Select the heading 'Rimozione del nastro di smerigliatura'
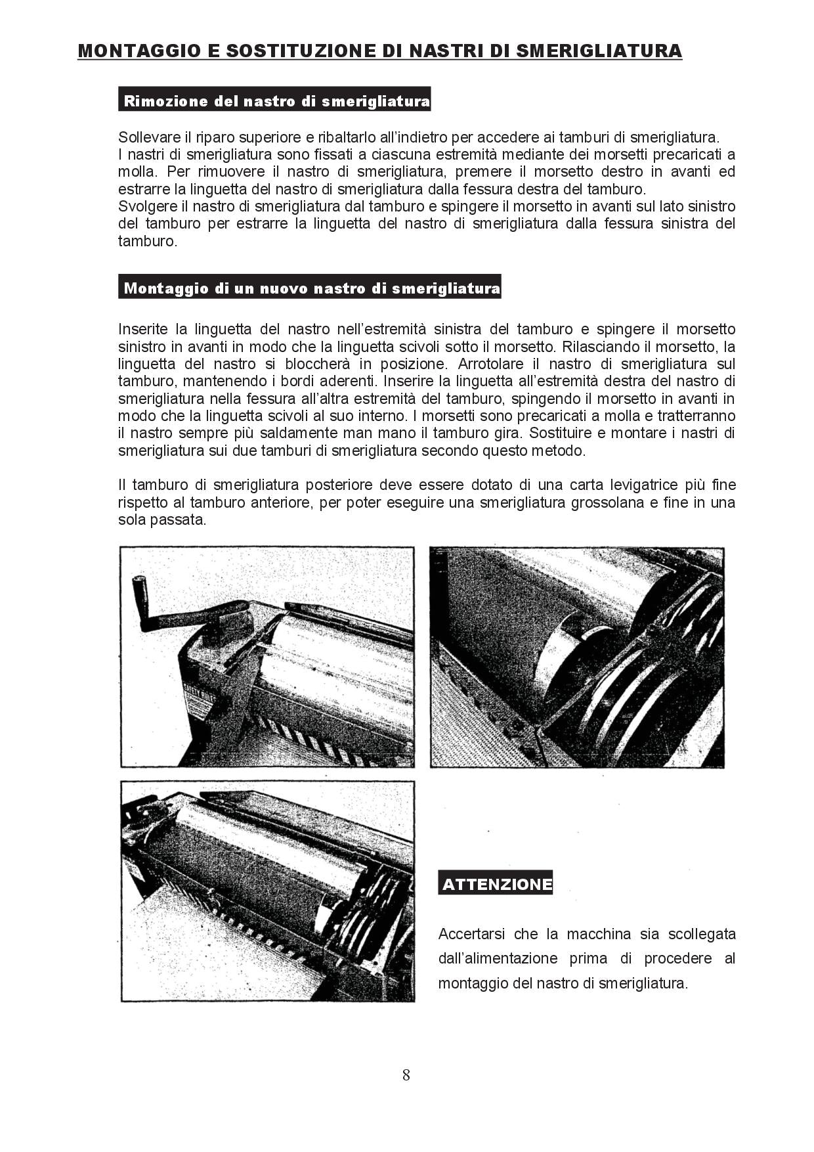pos(276,101)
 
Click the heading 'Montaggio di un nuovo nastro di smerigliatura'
pos(311,288)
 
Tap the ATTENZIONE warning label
pos(496,884)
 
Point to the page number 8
pos(406,1075)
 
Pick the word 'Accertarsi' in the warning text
pos(469,934)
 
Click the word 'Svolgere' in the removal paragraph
pos(144,206)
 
